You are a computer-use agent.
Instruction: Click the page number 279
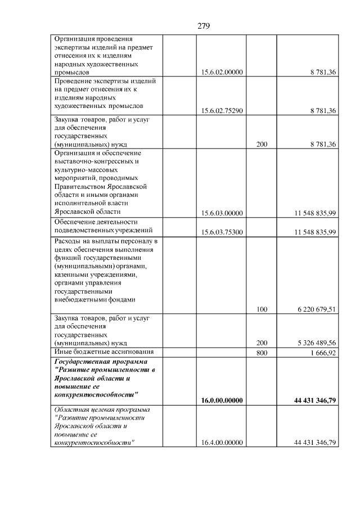pos(204,26)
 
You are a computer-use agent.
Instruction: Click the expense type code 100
pos(262,309)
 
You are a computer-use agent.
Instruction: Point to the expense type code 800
pos(262,353)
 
